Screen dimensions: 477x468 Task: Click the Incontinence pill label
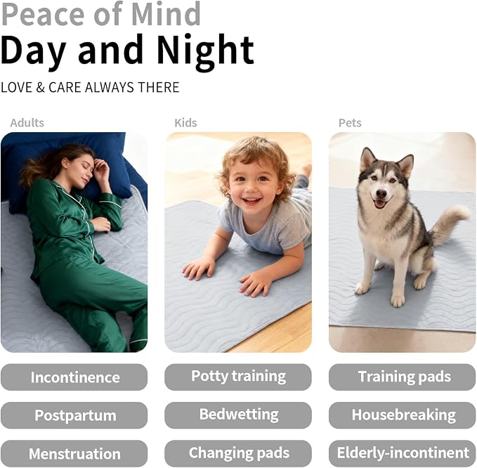click(x=74, y=377)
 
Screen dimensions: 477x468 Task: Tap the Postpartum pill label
click(x=74, y=415)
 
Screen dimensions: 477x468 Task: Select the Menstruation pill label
click(x=74, y=453)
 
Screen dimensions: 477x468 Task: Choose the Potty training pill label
click(x=238, y=377)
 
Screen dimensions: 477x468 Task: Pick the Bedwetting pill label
click(x=238, y=415)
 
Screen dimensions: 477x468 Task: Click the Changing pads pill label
click(x=238, y=453)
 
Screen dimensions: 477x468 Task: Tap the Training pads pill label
click(x=402, y=377)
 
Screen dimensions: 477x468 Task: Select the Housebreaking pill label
click(x=402, y=415)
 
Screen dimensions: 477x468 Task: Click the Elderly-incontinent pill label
click(x=402, y=453)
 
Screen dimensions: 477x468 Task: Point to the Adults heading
click(x=27, y=123)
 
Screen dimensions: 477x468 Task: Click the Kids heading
click(x=185, y=123)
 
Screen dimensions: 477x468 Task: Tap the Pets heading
click(x=350, y=123)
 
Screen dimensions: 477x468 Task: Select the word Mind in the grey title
click(x=166, y=13)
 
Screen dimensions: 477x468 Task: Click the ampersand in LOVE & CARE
click(x=41, y=87)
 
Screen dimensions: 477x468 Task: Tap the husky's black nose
click(x=381, y=193)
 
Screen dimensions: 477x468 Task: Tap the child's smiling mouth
click(x=251, y=201)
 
